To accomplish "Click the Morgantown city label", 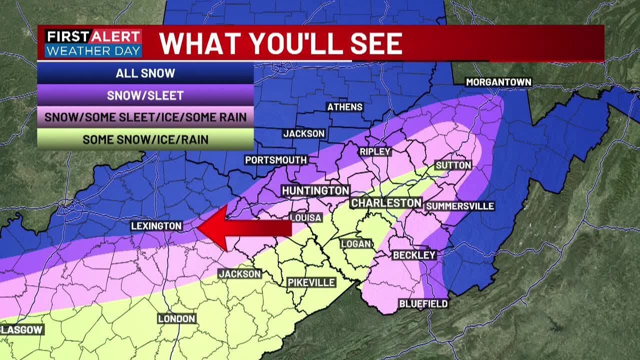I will pyautogui.click(x=498, y=82).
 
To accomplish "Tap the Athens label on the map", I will pyautogui.click(x=344, y=107).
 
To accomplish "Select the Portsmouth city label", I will pyautogui.click(x=275, y=160).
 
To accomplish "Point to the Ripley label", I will pyautogui.click(x=375, y=151).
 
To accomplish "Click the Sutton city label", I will pyautogui.click(x=453, y=165).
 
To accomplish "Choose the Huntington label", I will pyautogui.click(x=315, y=190).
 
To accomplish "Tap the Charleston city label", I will pyautogui.click(x=386, y=202).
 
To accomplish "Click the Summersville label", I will pyautogui.click(x=459, y=206).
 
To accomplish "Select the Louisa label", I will pyautogui.click(x=305, y=217).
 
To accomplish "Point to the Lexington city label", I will pyautogui.click(x=156, y=226).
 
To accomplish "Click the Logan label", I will pyautogui.click(x=356, y=244).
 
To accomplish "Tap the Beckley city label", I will pyautogui.click(x=414, y=255).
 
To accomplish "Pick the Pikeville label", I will pyautogui.click(x=311, y=282).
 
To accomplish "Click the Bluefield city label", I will pyautogui.click(x=423, y=303).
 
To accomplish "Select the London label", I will pyautogui.click(x=176, y=318).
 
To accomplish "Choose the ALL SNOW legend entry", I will pyautogui.click(x=145, y=73).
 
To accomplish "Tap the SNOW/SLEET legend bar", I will pyautogui.click(x=145, y=95).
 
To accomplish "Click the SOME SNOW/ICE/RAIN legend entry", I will pyautogui.click(x=145, y=139).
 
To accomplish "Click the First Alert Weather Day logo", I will pyautogui.click(x=93, y=43).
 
